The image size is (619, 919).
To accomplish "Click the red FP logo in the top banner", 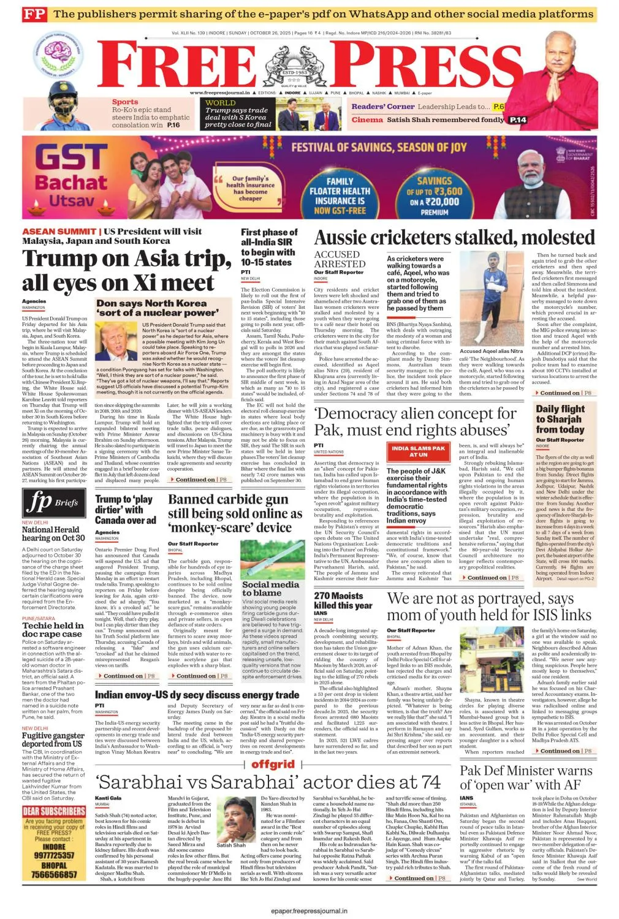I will (x=35, y=14).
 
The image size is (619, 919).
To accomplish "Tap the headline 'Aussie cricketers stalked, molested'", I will (x=455, y=238).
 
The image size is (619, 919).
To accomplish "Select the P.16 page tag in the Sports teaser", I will (x=173, y=125).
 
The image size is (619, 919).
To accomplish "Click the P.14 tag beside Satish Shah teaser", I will (x=518, y=120).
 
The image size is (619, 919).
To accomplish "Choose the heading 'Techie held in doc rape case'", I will (x=52, y=630).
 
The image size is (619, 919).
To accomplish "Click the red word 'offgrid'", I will (x=273, y=764).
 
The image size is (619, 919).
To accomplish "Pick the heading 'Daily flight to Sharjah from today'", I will (x=560, y=419).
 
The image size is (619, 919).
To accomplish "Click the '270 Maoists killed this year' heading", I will (x=343, y=600).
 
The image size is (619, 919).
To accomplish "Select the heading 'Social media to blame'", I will (x=270, y=589).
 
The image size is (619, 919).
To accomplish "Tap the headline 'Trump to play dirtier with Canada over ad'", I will (x=125, y=510).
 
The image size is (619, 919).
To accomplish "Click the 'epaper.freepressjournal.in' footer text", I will (x=309, y=911).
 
